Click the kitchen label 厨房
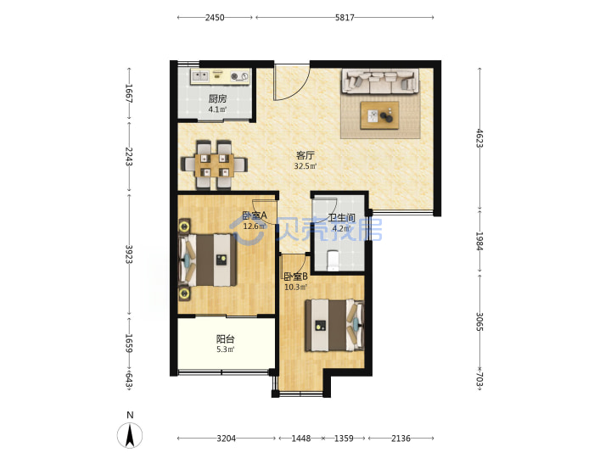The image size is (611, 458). click(x=217, y=99)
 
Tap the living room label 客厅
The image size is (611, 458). click(x=305, y=155)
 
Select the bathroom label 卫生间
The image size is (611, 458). click(x=341, y=218)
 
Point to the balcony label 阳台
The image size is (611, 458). click(x=225, y=338)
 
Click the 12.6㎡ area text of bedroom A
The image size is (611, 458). click(x=255, y=226)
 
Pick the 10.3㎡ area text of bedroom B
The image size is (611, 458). click(x=296, y=288)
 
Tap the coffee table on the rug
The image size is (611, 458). click(x=379, y=115)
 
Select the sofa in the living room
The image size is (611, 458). click(x=380, y=81)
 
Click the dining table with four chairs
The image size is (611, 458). click(x=215, y=165)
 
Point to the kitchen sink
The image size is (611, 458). click(x=200, y=76)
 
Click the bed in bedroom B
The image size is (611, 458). click(x=334, y=325)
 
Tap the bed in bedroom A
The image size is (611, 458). click(x=208, y=260)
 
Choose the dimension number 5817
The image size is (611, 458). click(x=345, y=18)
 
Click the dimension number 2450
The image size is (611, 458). click(x=215, y=18)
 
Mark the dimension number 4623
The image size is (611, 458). click(x=479, y=138)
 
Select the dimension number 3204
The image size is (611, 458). click(x=226, y=438)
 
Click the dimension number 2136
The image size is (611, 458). click(x=401, y=438)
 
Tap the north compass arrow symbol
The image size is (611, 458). click(x=130, y=434)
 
